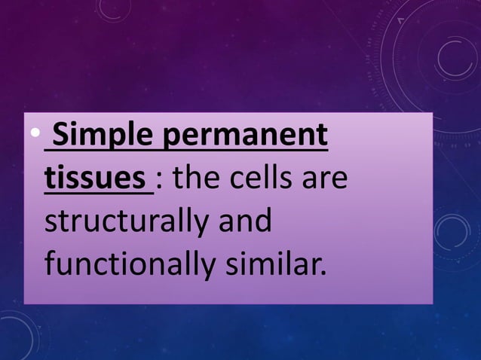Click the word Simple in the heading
[99, 138]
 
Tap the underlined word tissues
[96, 181]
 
